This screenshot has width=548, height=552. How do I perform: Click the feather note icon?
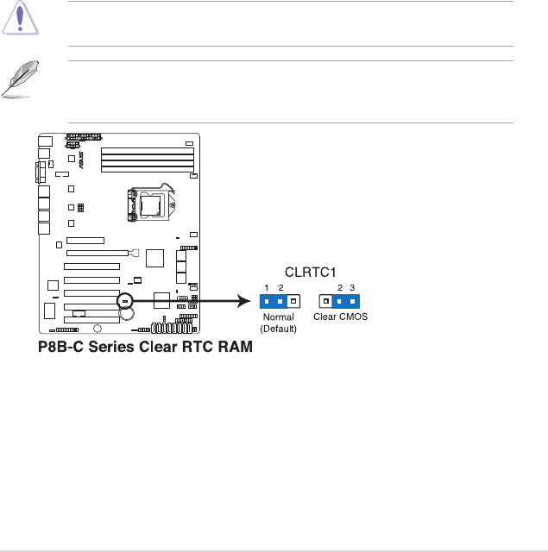tap(20, 79)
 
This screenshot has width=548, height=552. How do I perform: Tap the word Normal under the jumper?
tap(278, 317)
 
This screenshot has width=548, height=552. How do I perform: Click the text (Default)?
tap(278, 329)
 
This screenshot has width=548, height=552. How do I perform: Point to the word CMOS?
tap(352, 317)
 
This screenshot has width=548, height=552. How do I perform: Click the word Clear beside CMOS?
tap(324, 317)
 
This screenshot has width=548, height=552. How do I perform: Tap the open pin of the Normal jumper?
tap(293, 301)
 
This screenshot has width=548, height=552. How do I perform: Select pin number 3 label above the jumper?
tap(353, 287)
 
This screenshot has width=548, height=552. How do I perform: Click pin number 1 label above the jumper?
tap(267, 287)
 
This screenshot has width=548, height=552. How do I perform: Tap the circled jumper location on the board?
tap(125, 301)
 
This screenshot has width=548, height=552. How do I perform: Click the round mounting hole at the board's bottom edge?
tap(97, 329)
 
